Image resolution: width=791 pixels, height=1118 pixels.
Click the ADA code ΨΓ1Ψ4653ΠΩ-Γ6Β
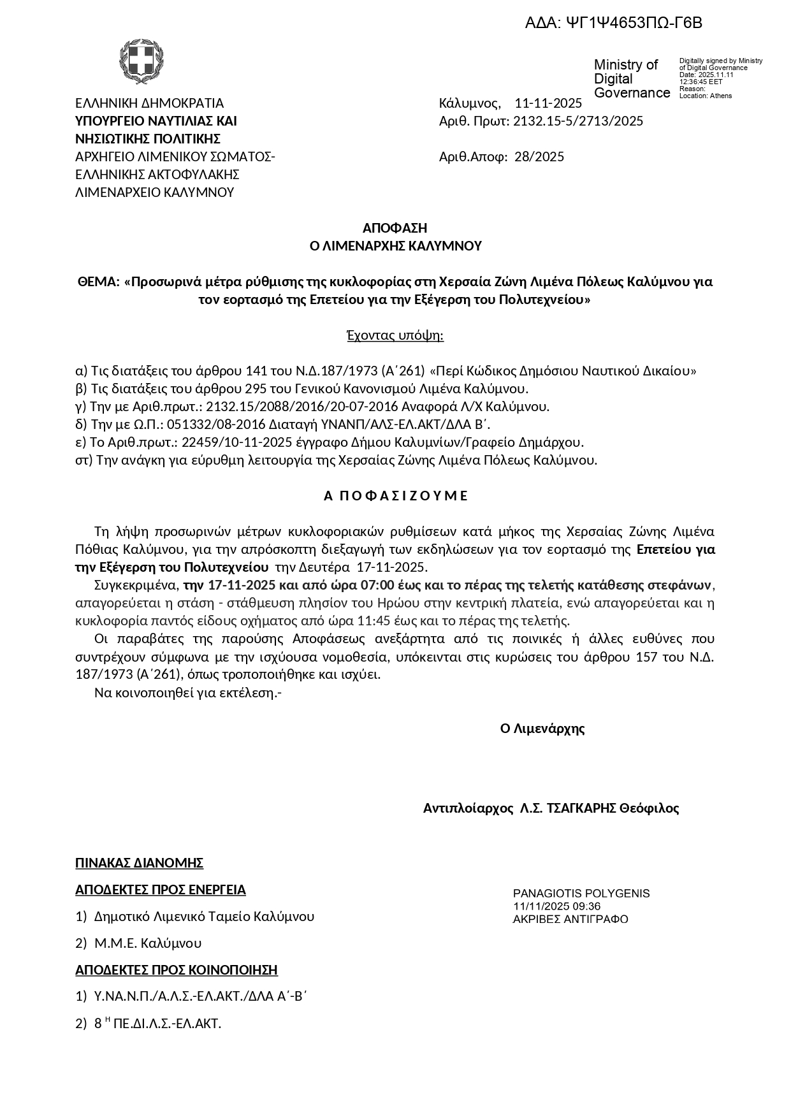(614, 24)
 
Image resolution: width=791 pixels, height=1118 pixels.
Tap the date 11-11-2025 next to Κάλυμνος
(548, 103)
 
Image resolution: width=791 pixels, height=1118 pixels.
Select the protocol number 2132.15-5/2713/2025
(578, 121)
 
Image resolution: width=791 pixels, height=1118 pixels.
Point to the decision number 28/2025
(539, 157)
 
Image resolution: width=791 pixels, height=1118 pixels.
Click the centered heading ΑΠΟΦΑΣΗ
(395, 228)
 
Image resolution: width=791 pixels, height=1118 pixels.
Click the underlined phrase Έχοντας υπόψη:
(395, 335)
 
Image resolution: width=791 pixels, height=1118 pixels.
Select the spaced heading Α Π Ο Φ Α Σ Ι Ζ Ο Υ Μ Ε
(396, 496)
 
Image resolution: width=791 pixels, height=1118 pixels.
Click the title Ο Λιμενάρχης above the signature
(542, 729)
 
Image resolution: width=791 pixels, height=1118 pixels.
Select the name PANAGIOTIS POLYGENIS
(581, 894)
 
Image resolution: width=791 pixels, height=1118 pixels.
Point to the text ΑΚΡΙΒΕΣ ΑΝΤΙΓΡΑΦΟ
(570, 919)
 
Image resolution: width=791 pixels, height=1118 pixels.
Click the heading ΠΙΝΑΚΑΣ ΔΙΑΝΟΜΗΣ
(139, 863)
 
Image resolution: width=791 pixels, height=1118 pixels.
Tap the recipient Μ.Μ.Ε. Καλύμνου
(148, 943)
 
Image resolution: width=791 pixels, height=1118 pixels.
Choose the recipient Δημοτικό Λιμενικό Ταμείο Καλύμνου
(204, 917)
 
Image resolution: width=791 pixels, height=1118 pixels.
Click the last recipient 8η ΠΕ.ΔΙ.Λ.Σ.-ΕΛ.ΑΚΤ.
(157, 1024)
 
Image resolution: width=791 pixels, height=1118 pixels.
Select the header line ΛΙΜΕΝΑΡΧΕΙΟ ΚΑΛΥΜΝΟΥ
(155, 192)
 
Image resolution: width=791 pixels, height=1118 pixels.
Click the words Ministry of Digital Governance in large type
(632, 79)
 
